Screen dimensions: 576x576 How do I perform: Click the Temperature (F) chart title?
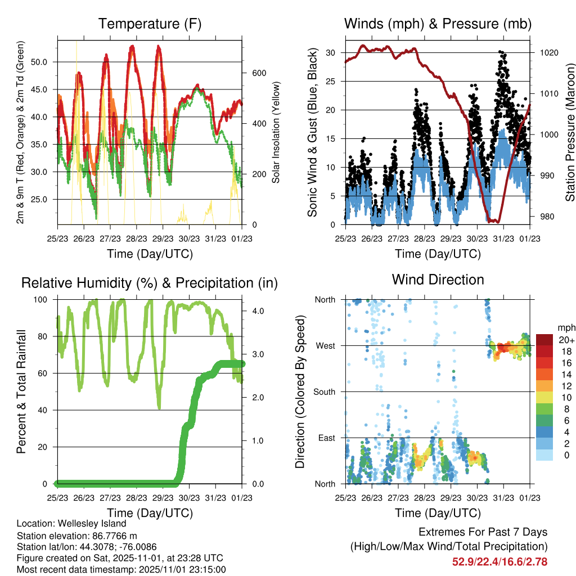click(150, 24)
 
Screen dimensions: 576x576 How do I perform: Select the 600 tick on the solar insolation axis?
click(258, 73)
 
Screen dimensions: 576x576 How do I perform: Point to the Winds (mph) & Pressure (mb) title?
click(438, 24)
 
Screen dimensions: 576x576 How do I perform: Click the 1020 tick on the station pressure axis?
click(548, 53)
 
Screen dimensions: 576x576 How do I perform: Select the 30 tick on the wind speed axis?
click(331, 53)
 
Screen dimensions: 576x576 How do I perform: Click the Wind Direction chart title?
click(438, 280)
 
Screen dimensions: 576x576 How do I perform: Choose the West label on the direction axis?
click(325, 345)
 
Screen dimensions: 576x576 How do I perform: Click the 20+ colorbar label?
click(566, 340)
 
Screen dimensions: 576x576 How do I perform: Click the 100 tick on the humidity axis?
click(42, 300)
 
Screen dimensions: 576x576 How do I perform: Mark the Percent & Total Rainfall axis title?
click(21, 392)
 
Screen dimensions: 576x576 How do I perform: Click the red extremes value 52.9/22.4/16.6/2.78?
click(499, 561)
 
